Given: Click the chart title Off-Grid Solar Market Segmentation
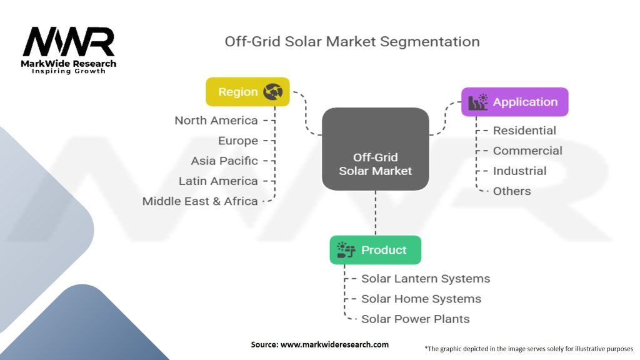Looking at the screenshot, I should tap(352, 42).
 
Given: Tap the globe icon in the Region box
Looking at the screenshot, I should tap(273, 92).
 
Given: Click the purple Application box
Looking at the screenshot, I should tap(514, 102).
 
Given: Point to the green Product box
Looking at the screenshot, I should tap(375, 250).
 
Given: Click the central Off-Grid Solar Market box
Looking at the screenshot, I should tap(375, 149).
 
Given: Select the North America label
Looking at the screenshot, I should tap(216, 121).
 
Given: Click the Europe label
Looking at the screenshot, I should tap(238, 141).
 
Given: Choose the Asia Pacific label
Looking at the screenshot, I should tap(224, 161).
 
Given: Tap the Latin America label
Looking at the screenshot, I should tap(218, 181).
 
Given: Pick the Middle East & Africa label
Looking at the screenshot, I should tap(200, 201).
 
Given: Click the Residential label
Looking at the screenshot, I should tap(524, 131).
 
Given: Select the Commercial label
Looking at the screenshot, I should tap(527, 151).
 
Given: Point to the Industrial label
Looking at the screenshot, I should tap(519, 171).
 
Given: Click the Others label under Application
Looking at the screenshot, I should tap(512, 191).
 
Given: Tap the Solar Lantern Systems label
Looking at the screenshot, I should tap(426, 279).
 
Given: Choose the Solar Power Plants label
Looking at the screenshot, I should tap(416, 319).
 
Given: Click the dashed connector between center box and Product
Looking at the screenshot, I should tap(375, 213).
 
